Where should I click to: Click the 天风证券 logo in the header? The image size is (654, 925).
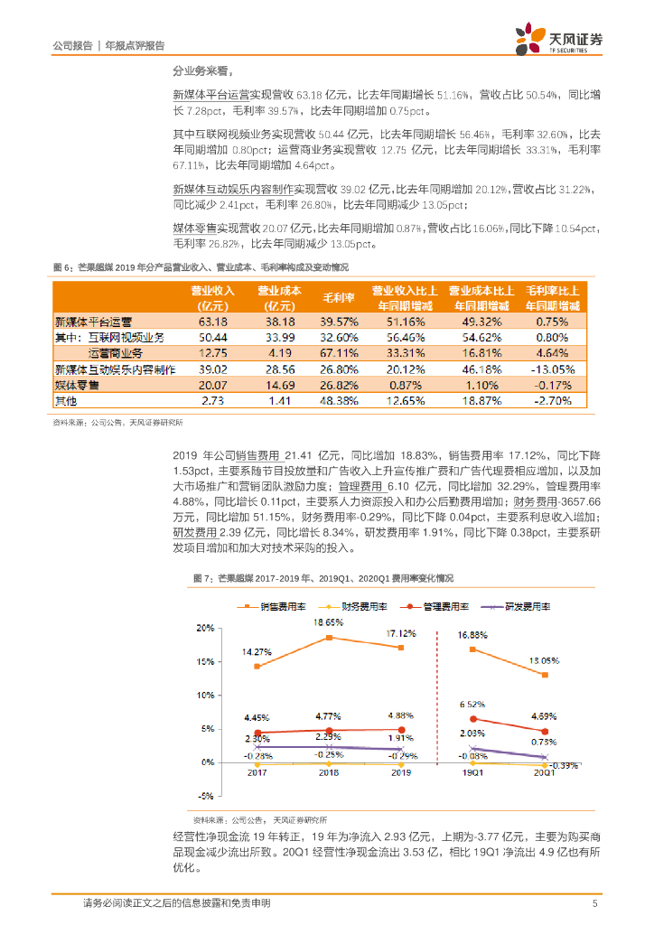(558, 39)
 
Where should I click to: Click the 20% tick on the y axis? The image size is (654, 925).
(205, 628)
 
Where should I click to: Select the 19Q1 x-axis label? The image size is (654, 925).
(473, 773)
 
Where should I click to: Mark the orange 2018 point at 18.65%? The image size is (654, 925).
(330, 638)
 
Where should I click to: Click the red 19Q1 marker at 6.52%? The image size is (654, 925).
(473, 719)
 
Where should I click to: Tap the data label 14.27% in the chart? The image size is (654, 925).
(257, 651)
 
